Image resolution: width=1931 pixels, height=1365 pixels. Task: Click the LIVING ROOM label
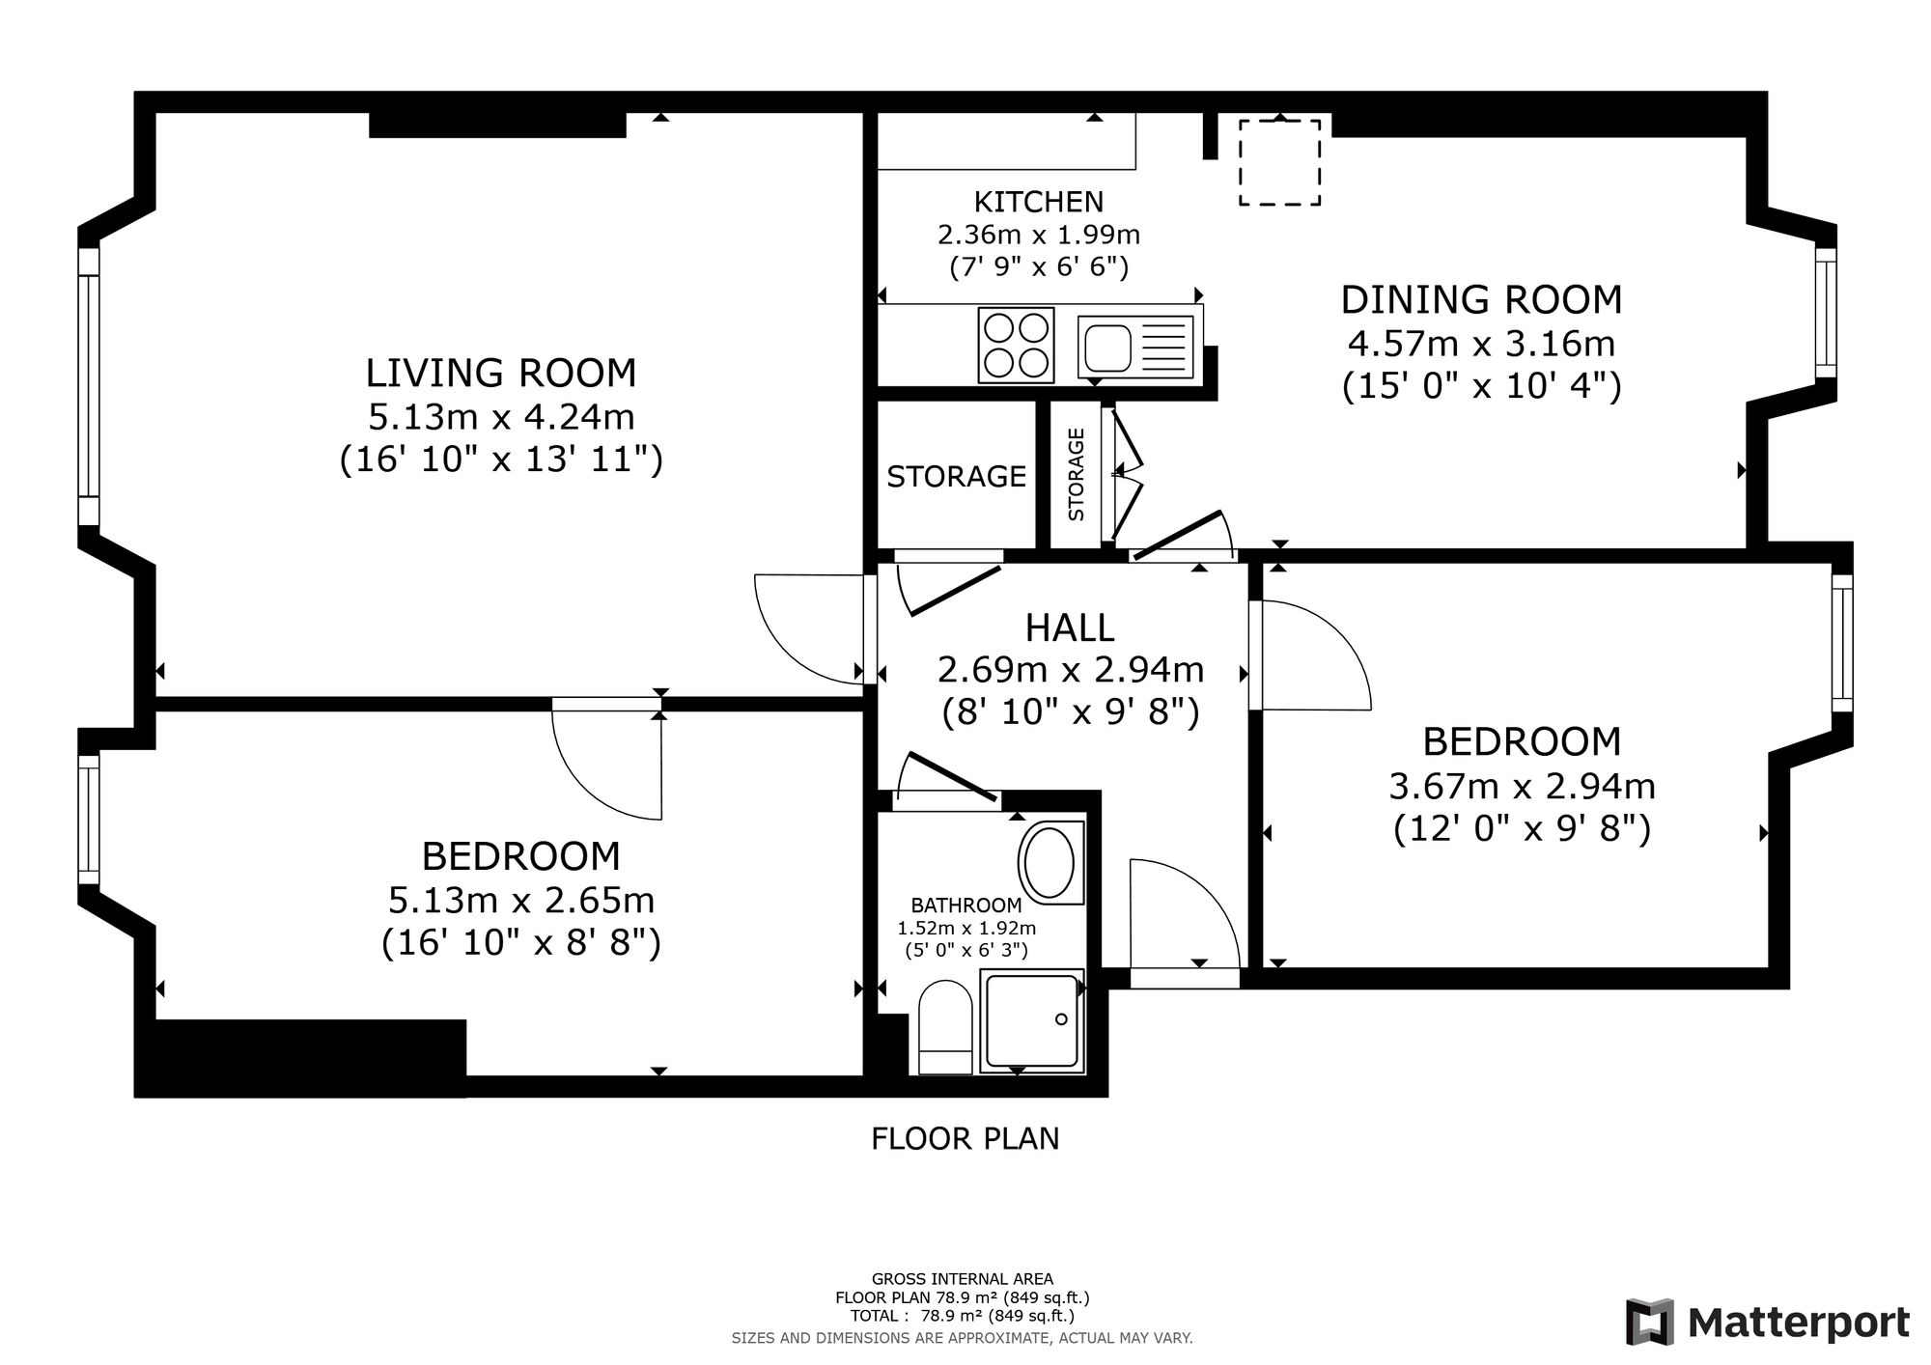[500, 373]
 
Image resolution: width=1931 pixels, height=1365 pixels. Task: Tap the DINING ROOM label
[1481, 299]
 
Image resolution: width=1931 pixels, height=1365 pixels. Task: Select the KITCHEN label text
[1039, 202]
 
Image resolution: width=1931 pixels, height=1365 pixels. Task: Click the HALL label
[1070, 627]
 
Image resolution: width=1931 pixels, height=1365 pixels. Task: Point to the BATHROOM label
[966, 905]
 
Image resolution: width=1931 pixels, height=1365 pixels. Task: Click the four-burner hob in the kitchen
[1016, 345]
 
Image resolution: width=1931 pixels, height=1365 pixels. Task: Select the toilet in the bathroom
[945, 1028]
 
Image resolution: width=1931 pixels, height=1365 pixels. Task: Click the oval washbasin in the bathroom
[1048, 861]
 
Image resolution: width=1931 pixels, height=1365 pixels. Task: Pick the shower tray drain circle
[1061, 1019]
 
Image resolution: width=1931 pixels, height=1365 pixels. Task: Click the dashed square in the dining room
[1280, 162]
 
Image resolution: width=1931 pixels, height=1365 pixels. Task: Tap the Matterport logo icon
[1650, 1322]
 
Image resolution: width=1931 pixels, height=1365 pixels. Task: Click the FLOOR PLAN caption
[965, 1139]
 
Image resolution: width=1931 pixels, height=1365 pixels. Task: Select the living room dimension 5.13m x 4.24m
[501, 417]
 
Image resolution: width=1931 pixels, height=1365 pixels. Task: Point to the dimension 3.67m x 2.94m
[1523, 787]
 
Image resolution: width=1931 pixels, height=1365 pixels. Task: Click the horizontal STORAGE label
[956, 476]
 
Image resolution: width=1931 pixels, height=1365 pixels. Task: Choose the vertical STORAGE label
[1077, 475]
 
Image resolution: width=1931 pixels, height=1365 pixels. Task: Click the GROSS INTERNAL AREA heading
[963, 1280]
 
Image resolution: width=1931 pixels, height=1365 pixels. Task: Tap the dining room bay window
[1825, 313]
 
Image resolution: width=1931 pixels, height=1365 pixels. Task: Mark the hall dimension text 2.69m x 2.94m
[1071, 669]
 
